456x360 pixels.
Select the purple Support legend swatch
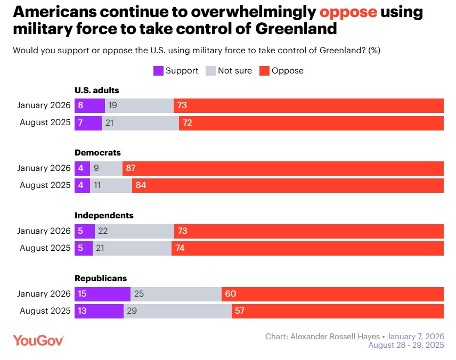click(x=158, y=70)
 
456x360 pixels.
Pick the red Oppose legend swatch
click(x=264, y=70)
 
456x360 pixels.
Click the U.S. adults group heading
click(x=97, y=90)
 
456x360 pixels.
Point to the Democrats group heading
click(x=97, y=153)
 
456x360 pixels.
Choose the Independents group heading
click(x=104, y=216)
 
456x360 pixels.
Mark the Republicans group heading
click(x=101, y=278)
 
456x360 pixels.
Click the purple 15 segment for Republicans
click(x=102, y=294)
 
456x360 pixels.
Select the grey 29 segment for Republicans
click(x=177, y=311)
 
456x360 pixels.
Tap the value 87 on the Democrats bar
click(x=131, y=168)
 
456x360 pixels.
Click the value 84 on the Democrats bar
click(x=141, y=185)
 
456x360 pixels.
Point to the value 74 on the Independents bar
click(x=181, y=248)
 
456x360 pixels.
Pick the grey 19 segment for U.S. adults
click(x=139, y=105)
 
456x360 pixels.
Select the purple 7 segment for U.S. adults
click(x=88, y=122)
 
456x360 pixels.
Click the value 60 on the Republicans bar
click(x=231, y=294)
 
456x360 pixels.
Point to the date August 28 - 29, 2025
click(x=406, y=345)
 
